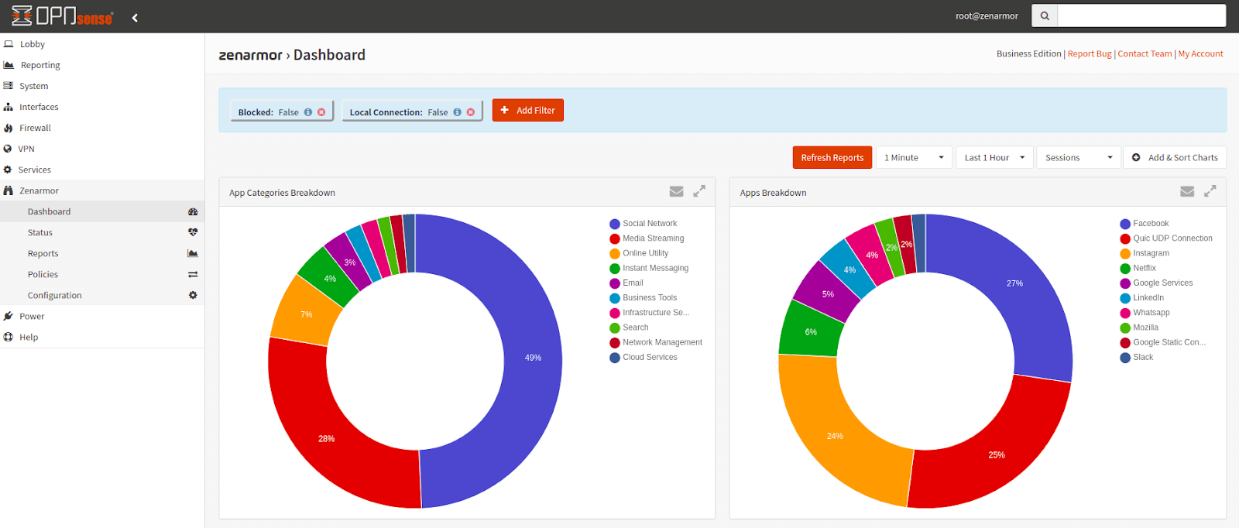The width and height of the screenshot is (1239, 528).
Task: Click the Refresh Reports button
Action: [x=832, y=157]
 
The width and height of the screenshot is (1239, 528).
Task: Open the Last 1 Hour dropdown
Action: [x=994, y=157]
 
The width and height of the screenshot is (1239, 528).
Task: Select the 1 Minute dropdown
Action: [x=914, y=157]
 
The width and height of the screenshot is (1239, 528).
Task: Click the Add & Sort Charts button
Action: [x=1175, y=157]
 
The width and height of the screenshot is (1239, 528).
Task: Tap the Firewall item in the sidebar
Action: [x=35, y=128]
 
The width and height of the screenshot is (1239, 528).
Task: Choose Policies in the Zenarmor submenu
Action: [x=43, y=274]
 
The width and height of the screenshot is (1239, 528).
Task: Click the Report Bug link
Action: [x=1089, y=53]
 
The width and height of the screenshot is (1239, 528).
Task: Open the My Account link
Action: [x=1200, y=53]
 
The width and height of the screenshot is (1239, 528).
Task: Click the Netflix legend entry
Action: [x=1144, y=268]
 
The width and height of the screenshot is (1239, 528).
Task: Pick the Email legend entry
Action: [x=633, y=283]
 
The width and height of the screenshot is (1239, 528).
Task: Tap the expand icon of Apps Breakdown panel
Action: [x=1210, y=191]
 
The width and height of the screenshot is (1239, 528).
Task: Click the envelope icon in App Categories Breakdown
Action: [x=676, y=191]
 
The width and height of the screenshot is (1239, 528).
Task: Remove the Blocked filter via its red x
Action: [x=321, y=112]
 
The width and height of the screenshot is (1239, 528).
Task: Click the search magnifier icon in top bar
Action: [x=1045, y=15]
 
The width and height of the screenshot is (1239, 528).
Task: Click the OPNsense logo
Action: [x=62, y=16]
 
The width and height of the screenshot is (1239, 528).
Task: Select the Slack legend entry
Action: [x=1142, y=357]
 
